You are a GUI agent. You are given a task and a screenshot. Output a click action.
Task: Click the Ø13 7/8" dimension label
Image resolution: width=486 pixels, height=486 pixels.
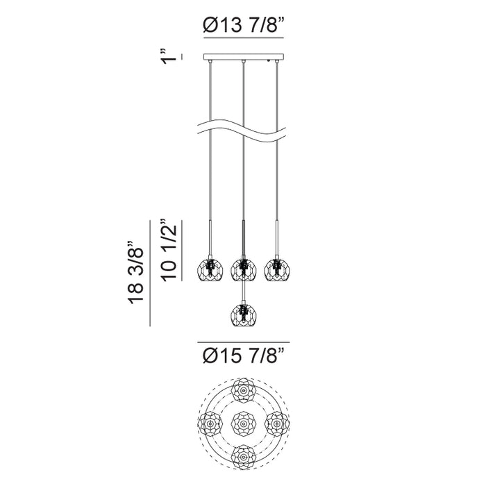[x=244, y=25]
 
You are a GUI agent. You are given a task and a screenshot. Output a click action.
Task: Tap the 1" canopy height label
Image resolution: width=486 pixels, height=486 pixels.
[x=169, y=56]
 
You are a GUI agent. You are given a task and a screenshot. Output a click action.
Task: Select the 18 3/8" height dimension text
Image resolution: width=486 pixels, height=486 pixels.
[x=135, y=271]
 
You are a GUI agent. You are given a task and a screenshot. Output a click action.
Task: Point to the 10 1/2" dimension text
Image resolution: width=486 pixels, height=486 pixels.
[x=169, y=251]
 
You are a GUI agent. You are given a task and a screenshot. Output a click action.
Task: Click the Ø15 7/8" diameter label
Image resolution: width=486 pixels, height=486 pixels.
[x=244, y=355]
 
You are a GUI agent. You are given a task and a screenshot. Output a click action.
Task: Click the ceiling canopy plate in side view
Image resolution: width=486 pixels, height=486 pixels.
[x=244, y=57]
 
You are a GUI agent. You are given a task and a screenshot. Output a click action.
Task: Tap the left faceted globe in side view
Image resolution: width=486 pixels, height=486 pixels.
[x=210, y=269]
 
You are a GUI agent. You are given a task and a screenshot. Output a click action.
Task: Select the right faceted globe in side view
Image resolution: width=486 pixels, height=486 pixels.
[x=277, y=269]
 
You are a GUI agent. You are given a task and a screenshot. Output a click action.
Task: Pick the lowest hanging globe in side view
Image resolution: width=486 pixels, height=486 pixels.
[x=244, y=315]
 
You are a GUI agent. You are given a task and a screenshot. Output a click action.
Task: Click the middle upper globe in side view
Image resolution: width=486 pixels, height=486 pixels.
[x=244, y=269]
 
